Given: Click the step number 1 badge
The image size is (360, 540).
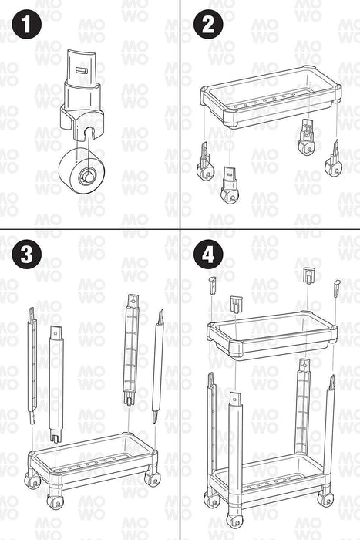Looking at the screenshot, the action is [26, 25].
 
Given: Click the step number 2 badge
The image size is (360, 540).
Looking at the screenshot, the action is [208, 25].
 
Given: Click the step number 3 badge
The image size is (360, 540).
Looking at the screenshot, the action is [26, 255].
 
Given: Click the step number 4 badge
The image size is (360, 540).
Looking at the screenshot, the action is [208, 255].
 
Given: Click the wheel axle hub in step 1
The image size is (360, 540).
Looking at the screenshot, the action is [86, 177].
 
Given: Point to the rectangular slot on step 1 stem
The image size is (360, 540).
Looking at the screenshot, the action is [82, 70].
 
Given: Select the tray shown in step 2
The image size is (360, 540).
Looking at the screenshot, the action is [271, 96].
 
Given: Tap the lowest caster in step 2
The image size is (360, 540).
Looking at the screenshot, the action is [229, 185].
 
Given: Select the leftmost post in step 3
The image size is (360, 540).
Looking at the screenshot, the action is [32, 366].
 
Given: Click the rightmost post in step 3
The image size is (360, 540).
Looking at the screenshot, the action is [157, 366].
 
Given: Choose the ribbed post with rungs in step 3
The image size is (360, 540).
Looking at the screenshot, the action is [132, 349].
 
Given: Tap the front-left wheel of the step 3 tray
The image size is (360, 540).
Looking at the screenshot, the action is [55, 501].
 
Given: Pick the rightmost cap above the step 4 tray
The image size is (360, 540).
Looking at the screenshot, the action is [337, 289].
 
